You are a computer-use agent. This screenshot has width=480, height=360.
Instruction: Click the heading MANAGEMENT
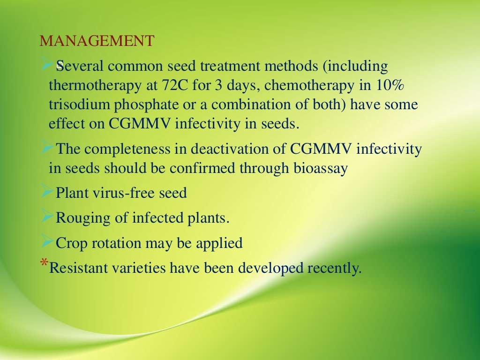coord(97,41)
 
